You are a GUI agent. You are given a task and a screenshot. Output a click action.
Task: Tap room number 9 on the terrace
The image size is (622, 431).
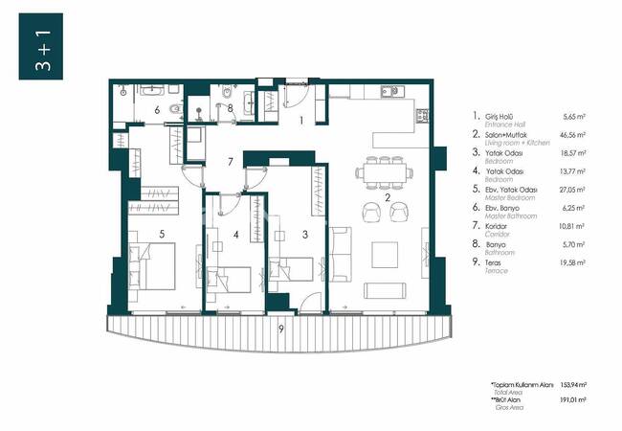(x=280, y=329)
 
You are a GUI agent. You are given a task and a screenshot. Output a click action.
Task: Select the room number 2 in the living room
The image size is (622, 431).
(x=388, y=198)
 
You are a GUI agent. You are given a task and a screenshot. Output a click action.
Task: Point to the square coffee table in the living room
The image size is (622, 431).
(x=386, y=253)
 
